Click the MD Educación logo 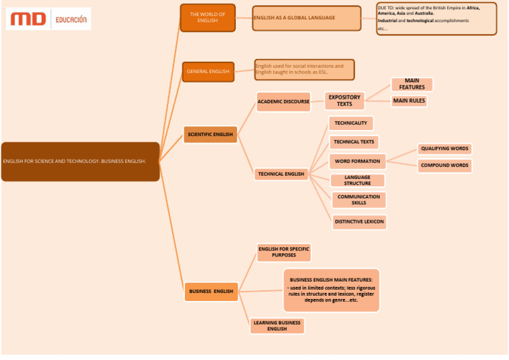(48, 19)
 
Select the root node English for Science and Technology (80, 161)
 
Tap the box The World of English (207, 17)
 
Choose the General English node (208, 72)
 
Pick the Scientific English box (210, 135)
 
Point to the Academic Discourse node (283, 101)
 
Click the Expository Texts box (345, 101)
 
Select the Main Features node (412, 84)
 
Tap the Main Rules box (409, 101)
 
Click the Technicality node (351, 123)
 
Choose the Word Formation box (357, 161)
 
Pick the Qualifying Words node (445, 149)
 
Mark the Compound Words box (445, 166)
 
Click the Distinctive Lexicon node (359, 222)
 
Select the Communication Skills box (359, 200)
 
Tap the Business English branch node (211, 291)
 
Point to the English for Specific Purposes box (284, 252)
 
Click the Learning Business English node (277, 326)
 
